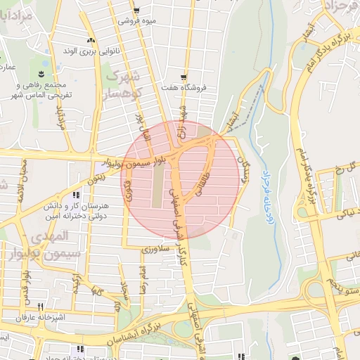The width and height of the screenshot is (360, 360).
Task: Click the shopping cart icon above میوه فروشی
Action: (136, 11)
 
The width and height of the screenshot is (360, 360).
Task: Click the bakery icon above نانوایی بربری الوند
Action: (89, 40)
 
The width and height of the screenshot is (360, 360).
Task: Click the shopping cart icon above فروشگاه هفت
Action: (184, 77)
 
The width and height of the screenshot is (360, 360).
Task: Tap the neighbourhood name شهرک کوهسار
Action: (124, 82)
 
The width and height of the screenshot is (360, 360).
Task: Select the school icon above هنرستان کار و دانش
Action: (76, 195)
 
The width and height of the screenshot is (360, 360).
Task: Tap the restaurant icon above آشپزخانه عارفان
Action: (40, 307)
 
